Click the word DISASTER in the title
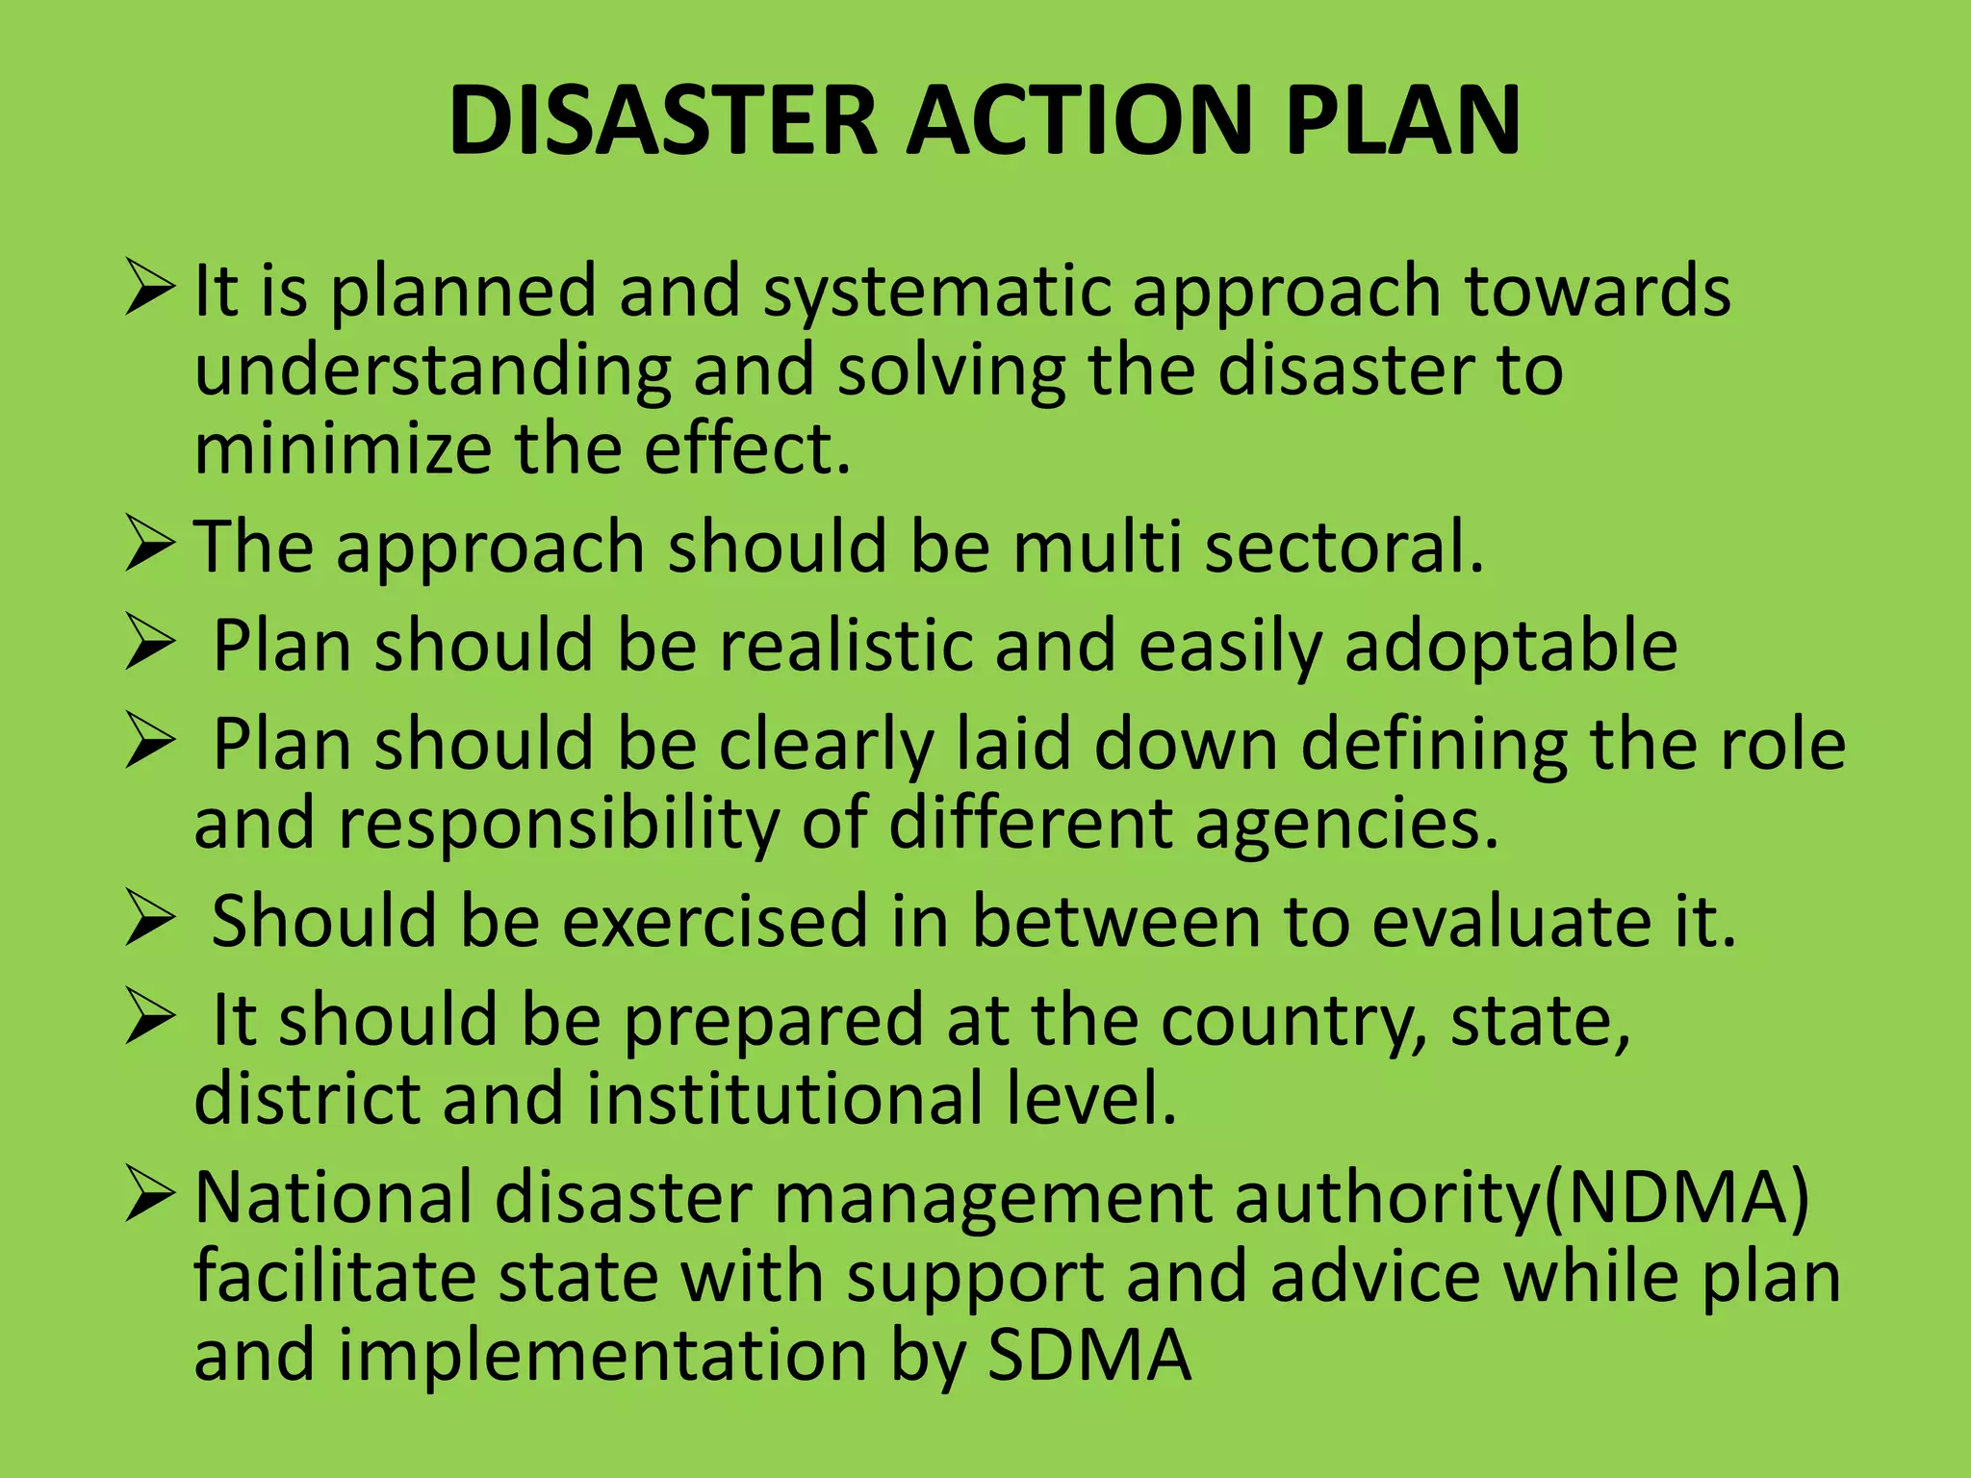coord(663,120)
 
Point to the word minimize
coord(343,450)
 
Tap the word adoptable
coord(1511,646)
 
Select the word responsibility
coord(558,825)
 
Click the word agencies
coord(1346,825)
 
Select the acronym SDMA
coord(1089,1355)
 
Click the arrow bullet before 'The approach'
coord(149,546)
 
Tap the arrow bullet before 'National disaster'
coord(149,1197)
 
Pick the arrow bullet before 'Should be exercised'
coord(149,920)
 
